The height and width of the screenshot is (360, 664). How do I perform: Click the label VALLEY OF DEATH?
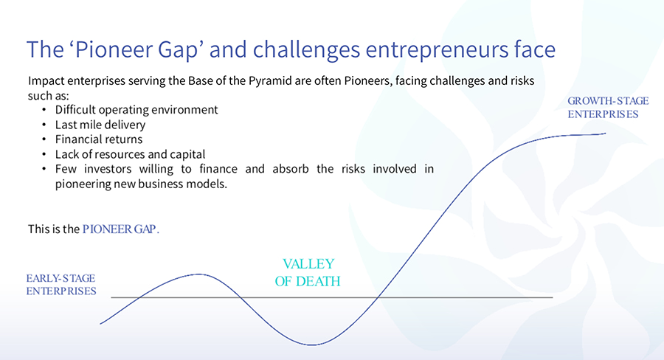(x=308, y=272)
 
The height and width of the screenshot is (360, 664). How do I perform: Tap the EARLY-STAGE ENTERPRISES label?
(x=61, y=285)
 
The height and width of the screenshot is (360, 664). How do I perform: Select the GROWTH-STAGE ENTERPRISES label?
(x=603, y=107)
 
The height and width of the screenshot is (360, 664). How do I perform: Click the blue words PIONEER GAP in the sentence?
(x=120, y=229)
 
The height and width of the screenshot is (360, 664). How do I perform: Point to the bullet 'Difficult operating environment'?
(x=136, y=109)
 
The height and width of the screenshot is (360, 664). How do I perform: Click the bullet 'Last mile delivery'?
(x=100, y=124)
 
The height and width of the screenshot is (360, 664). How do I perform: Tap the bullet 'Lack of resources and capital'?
(x=130, y=154)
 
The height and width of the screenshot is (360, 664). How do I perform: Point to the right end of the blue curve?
(x=605, y=134)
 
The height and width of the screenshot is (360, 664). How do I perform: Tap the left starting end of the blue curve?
(x=100, y=324)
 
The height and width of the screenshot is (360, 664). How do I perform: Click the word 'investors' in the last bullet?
(x=110, y=169)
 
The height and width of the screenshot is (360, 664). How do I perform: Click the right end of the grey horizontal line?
(x=552, y=297)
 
